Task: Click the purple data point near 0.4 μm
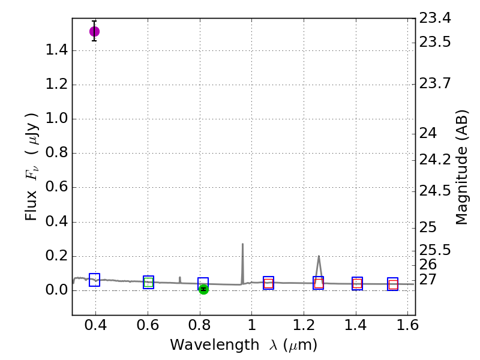tap(94, 31)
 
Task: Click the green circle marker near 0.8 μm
tap(203, 289)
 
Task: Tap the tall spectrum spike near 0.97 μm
tap(242, 245)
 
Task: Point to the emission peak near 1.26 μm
tap(319, 257)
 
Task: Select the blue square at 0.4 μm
tap(94, 280)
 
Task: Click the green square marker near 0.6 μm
tap(148, 282)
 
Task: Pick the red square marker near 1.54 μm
tap(393, 284)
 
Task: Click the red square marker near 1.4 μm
tap(357, 284)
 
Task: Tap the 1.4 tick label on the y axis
tap(56, 50)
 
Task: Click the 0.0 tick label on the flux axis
tap(56, 291)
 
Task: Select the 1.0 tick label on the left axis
tap(56, 119)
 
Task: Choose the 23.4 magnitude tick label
tap(435, 18)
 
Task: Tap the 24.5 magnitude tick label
tap(435, 191)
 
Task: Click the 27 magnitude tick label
tap(429, 279)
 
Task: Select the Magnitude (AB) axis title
tap(462, 168)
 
